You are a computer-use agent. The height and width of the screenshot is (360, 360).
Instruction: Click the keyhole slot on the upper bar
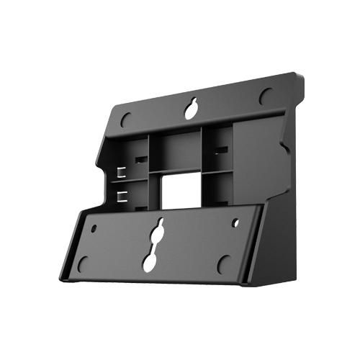[x=191, y=109]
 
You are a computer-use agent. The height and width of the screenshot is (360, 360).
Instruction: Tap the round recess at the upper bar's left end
[x=125, y=118]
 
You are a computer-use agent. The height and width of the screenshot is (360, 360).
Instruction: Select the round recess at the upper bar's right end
[x=266, y=95]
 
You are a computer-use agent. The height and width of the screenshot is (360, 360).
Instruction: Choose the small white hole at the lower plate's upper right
[x=235, y=222]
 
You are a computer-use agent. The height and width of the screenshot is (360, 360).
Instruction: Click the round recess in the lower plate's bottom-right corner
[x=224, y=264]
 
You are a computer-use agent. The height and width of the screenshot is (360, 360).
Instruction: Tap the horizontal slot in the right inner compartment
[x=220, y=150]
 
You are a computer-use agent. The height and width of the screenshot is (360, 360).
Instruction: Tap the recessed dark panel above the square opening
[x=179, y=150]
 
